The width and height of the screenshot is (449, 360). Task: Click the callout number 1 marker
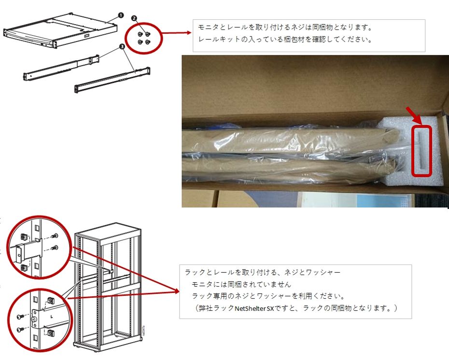(x=121, y=15)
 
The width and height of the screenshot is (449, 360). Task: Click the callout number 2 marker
(x=134, y=18)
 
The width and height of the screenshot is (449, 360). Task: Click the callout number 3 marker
(x=122, y=46)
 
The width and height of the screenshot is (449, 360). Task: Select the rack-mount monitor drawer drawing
(x=60, y=31)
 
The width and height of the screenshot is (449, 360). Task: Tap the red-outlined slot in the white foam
(x=421, y=151)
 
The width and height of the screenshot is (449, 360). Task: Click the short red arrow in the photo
(x=414, y=115)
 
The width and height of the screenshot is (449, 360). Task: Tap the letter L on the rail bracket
(x=52, y=317)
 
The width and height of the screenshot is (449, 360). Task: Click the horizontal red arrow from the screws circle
(x=176, y=33)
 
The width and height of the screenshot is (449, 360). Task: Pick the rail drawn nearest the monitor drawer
(x=61, y=68)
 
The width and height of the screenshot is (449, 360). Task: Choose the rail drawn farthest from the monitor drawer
(x=112, y=80)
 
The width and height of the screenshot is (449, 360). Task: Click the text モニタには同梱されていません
(x=241, y=284)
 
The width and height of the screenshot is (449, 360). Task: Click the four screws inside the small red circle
(x=144, y=38)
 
